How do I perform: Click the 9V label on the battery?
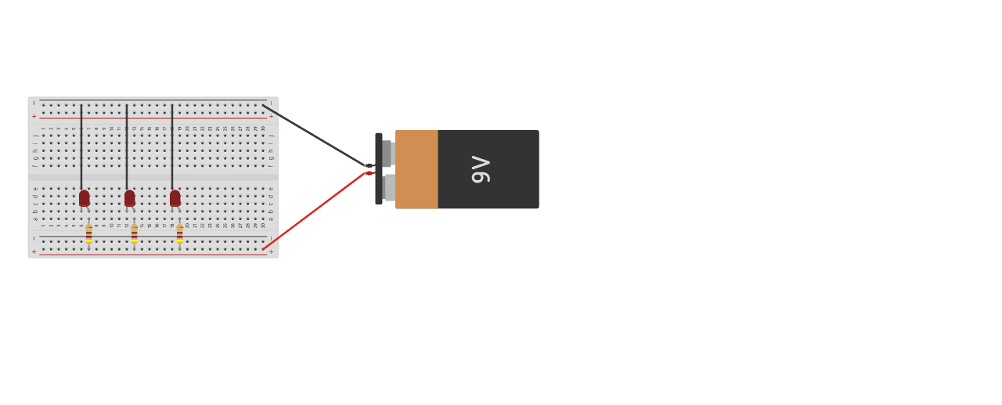point(480,169)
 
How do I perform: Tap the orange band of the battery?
point(416,169)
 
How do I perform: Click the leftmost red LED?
point(85,198)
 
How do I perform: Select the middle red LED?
point(130,198)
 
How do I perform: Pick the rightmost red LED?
point(175,198)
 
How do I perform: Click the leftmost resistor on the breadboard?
point(89,233)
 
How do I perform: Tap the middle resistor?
point(135,233)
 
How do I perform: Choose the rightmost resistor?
point(180,233)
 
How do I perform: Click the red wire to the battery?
point(313,212)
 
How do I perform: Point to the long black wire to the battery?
point(313,135)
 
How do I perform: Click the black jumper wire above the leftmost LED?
point(81,145)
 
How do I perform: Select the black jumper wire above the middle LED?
point(127,145)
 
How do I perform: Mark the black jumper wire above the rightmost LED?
point(172,145)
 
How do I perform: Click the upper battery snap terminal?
point(387,154)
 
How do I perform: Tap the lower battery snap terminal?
point(389,188)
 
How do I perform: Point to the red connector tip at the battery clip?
point(369,173)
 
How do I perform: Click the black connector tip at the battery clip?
point(369,166)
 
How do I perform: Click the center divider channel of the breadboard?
point(153,177)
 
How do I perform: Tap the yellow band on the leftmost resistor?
point(89,240)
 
